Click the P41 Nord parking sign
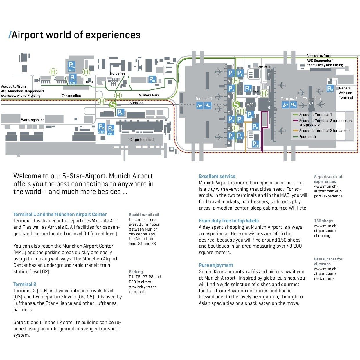(71, 66)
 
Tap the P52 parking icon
(152, 79)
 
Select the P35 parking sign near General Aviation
(330, 89)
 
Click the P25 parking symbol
(255, 144)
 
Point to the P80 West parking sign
(101, 128)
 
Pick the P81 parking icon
(120, 112)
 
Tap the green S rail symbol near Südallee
(112, 104)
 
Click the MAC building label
(250, 105)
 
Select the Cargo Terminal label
(141, 140)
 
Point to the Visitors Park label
(149, 95)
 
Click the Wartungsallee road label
(33, 120)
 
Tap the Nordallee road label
(118, 73)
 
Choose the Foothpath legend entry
(307, 137)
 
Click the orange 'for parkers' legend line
(296, 131)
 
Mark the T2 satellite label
(312, 99)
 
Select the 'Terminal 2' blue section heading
(25, 284)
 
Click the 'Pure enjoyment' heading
(216, 265)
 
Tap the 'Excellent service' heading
(217, 176)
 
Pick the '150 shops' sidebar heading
(323, 221)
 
